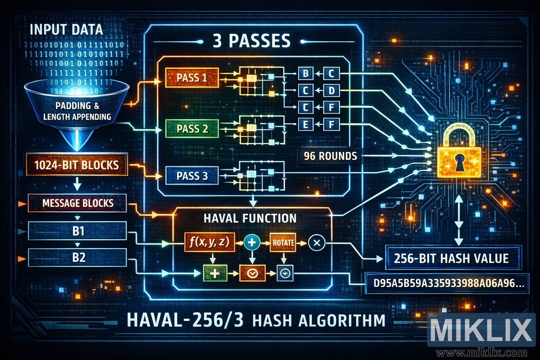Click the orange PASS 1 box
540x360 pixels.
coord(192,78)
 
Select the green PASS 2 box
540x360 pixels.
coord(192,129)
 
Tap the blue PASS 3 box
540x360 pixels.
coord(192,176)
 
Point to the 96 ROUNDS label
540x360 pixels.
coord(330,156)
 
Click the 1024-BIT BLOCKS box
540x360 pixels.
coord(77,165)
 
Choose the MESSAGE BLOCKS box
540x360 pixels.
coord(77,203)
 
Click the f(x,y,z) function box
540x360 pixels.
coord(210,242)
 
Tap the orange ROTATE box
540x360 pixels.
coord(283,243)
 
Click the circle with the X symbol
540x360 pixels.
coord(316,243)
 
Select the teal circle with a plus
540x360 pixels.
coord(252,243)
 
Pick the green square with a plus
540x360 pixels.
coord(214,273)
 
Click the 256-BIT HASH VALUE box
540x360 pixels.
coord(451,258)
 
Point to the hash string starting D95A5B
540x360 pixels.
coord(447,283)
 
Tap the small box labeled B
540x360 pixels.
coord(306,73)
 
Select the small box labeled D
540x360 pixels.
coord(331,91)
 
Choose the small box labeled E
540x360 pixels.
coord(306,124)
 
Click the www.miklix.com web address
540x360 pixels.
coord(482,352)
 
